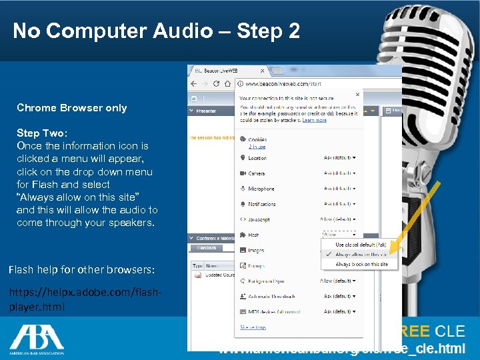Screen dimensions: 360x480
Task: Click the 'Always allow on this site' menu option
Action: point(361,255)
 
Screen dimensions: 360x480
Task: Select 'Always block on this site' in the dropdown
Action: point(361,265)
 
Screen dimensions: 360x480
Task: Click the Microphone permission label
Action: point(261,189)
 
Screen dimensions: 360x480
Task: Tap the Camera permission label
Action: point(257,173)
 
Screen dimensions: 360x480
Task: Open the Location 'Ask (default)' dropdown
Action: point(339,158)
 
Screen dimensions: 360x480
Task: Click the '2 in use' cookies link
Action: point(257,147)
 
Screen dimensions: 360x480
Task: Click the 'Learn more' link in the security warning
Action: point(314,120)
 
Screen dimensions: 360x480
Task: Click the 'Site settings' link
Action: point(253,327)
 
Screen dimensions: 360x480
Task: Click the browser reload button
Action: point(216,84)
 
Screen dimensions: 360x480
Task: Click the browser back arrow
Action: point(193,84)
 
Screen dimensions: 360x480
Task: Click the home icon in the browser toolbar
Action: point(227,84)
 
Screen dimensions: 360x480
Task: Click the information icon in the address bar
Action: point(240,84)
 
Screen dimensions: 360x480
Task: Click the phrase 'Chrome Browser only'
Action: point(71,108)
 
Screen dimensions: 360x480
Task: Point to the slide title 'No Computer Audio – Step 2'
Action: point(156,31)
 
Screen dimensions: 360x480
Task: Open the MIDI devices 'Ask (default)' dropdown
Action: point(339,312)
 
